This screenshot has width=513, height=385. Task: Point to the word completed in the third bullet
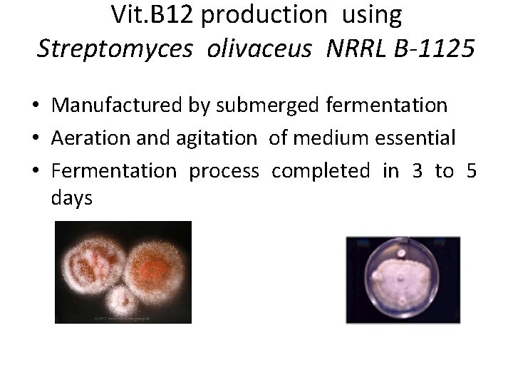coord(321,172)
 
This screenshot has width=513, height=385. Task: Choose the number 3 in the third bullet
coord(415,172)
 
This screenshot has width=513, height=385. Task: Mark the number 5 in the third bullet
coord(471,172)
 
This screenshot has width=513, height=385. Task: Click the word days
coord(72,198)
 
